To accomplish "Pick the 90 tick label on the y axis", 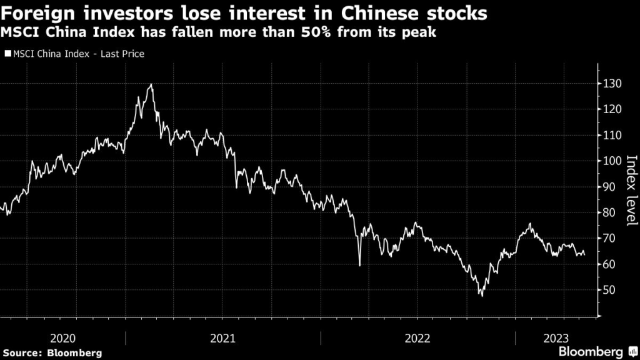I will pos(609,186).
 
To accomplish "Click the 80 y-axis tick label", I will pos(609,212).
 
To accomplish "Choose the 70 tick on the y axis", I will pos(609,238).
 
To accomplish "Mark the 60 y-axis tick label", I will pos(609,264).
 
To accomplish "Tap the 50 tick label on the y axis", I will pos(609,290).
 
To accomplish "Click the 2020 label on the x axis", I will pos(62,338).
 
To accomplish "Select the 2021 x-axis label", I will pos(223,338).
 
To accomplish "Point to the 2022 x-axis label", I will pos(417,338).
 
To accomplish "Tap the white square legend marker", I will pos(7,54).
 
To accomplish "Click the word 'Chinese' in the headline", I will pos(379,12).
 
